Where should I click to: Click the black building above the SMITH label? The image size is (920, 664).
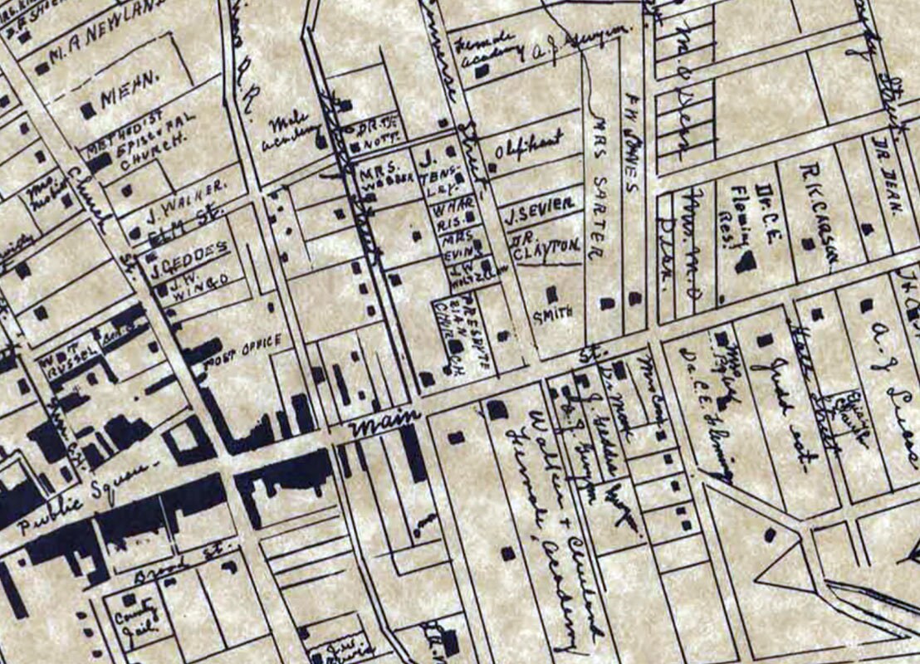551,293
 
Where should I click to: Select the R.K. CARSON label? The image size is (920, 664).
817,211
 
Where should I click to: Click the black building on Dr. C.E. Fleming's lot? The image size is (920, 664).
746,262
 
